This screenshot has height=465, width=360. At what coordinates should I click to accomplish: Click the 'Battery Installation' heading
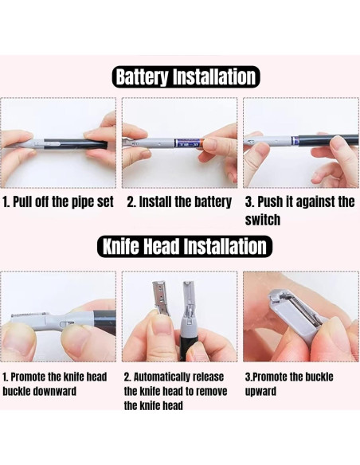click(x=186, y=76)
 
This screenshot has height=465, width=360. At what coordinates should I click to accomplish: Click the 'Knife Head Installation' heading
click(x=185, y=247)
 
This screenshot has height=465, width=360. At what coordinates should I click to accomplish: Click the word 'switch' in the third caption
click(x=263, y=220)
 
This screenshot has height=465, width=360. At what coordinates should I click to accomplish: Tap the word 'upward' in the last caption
click(x=260, y=391)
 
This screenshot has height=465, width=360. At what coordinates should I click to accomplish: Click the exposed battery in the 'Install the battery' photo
click(x=188, y=143)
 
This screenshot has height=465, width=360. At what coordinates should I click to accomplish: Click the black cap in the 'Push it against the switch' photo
click(x=328, y=140)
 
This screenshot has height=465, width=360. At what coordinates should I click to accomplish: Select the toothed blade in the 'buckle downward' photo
click(x=29, y=315)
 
